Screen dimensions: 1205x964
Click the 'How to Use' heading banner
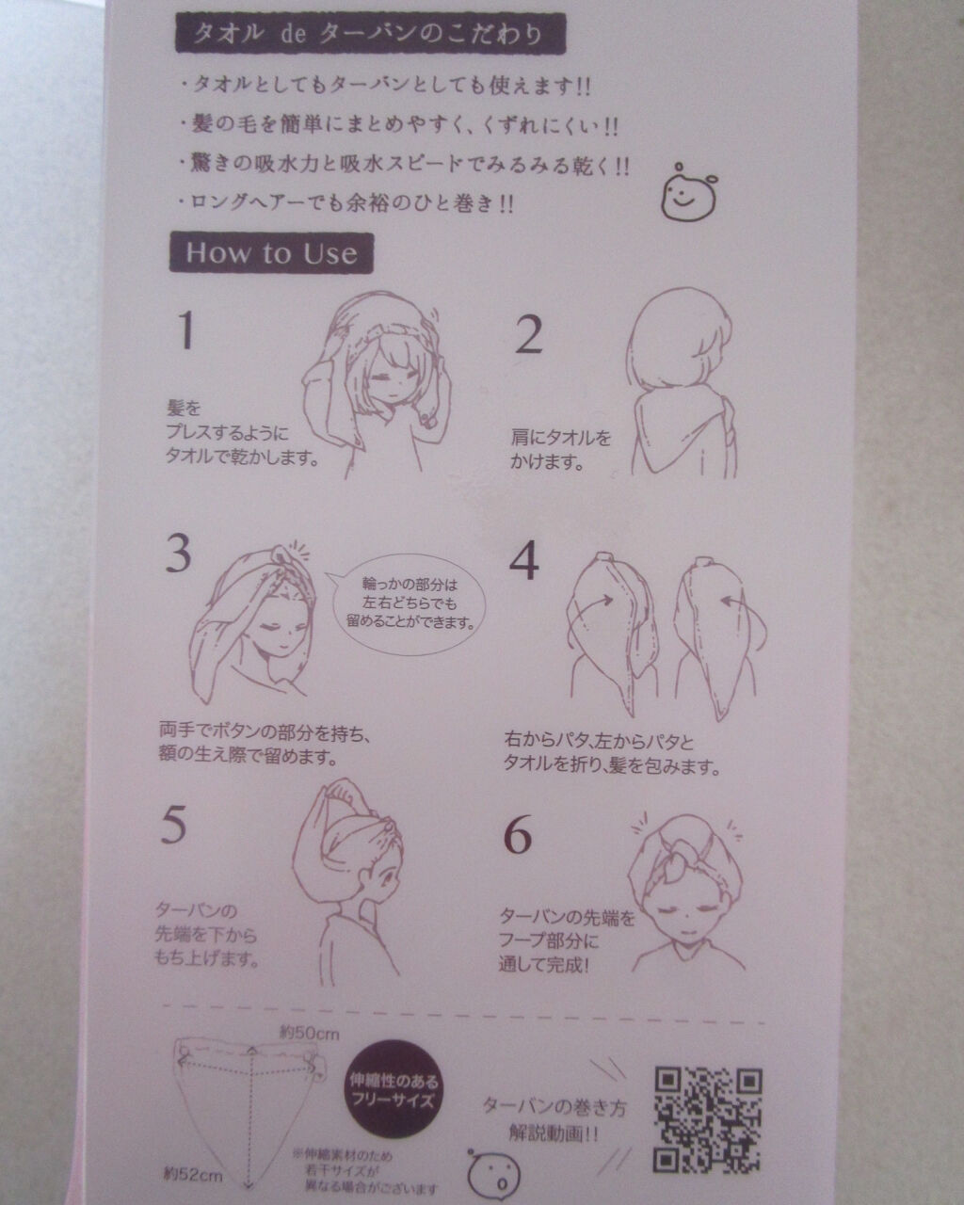click(x=271, y=252)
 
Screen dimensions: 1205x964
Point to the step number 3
click(x=180, y=554)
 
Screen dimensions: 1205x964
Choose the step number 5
click(x=173, y=826)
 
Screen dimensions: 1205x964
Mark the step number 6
click(x=519, y=834)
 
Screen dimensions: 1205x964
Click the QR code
click(x=708, y=1118)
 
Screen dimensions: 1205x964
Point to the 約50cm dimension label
click(x=309, y=1033)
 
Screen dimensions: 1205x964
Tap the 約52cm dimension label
click(x=191, y=1174)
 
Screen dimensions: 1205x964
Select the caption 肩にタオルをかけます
click(x=561, y=450)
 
